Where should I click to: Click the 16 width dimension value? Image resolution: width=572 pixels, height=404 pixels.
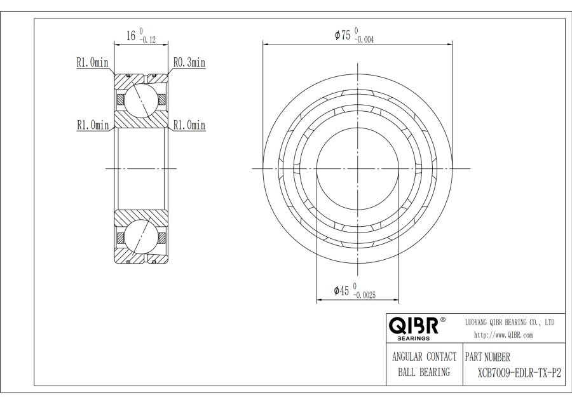tap(132, 36)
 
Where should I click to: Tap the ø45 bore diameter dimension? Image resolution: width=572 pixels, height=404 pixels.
tap(343, 290)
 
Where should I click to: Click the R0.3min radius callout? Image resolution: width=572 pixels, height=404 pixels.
tap(189, 62)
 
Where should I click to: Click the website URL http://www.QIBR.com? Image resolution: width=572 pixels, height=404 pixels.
tap(503, 335)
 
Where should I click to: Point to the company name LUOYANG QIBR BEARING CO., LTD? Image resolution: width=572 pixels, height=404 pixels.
tap(510, 323)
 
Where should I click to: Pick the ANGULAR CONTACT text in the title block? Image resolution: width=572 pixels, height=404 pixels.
tap(424, 357)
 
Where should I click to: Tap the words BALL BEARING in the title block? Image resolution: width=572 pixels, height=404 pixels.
tap(424, 372)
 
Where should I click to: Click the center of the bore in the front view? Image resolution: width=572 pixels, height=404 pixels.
tap(358, 168)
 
